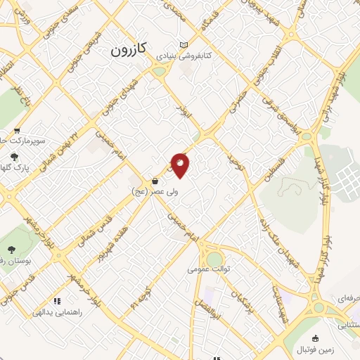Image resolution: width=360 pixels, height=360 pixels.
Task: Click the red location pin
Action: point(181,164)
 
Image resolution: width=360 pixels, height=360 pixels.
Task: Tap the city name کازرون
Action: point(128,50)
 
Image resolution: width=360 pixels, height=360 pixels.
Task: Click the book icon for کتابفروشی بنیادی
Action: point(184,44)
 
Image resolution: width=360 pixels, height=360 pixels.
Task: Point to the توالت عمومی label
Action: point(206,269)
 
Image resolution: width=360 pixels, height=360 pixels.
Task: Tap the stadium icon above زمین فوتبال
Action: point(314,338)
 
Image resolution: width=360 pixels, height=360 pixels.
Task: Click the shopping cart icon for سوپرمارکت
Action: point(16,130)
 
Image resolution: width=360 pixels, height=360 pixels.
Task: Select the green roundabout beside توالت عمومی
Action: point(214,241)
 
